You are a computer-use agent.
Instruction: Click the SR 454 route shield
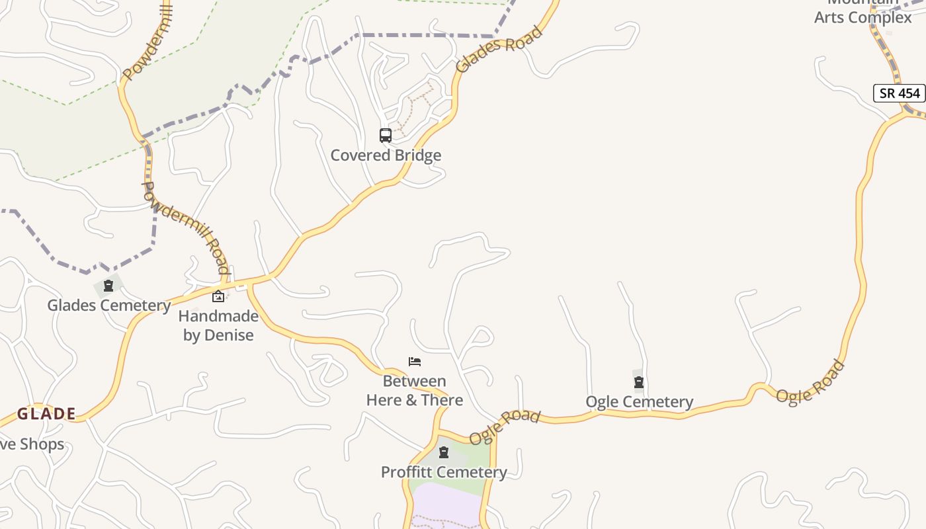[900, 93]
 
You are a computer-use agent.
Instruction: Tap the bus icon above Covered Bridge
[386, 136]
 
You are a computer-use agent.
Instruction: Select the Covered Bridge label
[386, 155]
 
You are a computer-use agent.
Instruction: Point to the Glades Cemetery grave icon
[108, 286]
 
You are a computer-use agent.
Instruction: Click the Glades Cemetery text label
[108, 305]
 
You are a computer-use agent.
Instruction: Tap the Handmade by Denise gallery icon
[218, 296]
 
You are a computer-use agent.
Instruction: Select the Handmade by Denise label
[218, 325]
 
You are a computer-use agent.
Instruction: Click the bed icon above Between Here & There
[415, 361]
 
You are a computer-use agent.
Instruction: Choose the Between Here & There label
[415, 391]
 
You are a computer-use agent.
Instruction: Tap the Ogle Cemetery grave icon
[639, 382]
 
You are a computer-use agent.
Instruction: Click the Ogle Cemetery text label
[639, 402]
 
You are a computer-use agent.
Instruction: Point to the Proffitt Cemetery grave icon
[444, 452]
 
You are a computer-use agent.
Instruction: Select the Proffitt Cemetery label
[444, 472]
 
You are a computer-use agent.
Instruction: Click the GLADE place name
[46, 415]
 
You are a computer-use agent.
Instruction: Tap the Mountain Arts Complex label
[863, 12]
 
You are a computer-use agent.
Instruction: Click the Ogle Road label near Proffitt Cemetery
[505, 427]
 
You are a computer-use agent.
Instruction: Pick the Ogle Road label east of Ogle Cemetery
[810, 382]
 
